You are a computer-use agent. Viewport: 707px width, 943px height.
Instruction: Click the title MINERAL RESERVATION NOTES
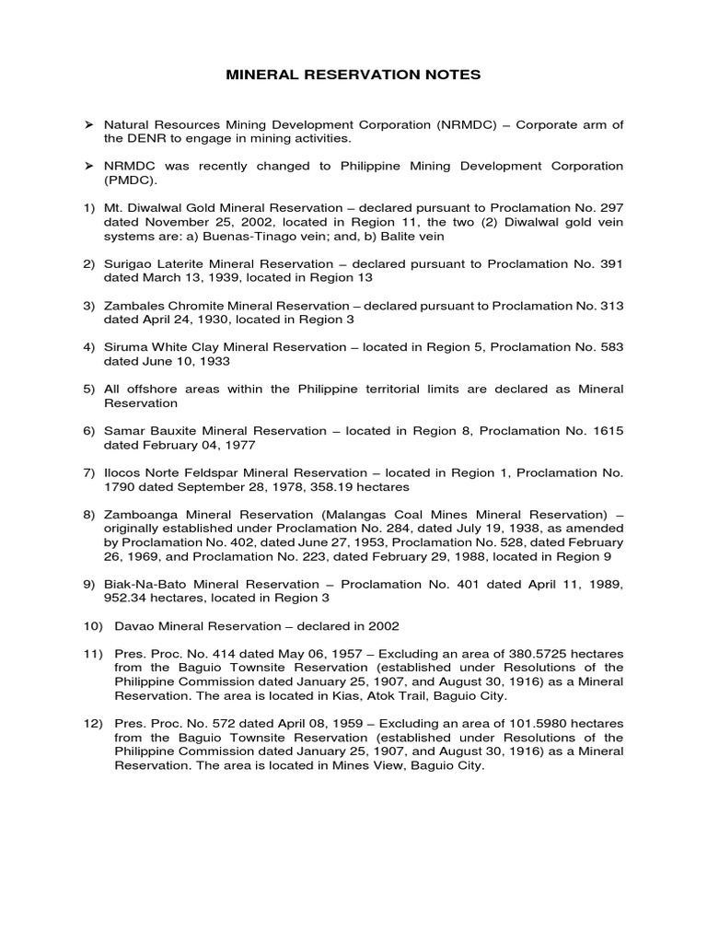pos(353,75)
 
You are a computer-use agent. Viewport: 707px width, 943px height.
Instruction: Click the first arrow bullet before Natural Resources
pos(89,123)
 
